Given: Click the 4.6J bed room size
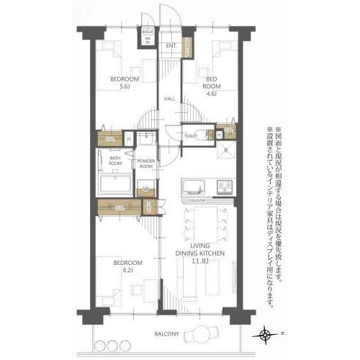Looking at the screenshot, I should coord(211,92).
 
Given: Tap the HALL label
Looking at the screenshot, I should coord(171,99).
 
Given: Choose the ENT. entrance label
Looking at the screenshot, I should coord(171,47).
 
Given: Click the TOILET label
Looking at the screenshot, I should coord(191,135).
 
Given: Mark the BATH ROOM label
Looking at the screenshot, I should coord(115,160).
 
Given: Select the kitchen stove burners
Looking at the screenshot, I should coord(223,186).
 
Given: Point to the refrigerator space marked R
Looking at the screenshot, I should coord(226,150).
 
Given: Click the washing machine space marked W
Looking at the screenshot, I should coord(145,191).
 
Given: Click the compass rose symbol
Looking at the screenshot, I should coord(267,333).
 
